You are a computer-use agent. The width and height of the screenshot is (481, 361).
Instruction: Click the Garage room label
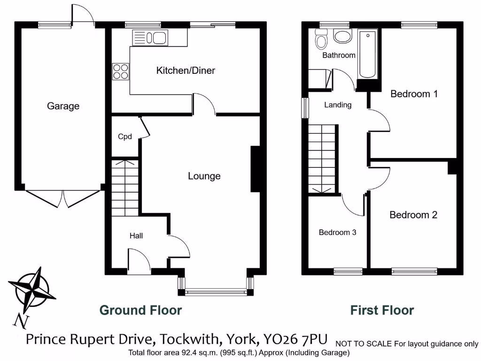coord(63,106)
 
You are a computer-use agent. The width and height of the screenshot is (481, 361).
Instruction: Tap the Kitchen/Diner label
coord(186,71)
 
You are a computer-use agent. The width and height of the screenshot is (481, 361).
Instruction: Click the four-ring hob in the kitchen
coord(120,71)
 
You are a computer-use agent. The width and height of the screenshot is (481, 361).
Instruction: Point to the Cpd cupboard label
coord(124,137)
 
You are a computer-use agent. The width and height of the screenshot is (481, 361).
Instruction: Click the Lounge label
coord(204,176)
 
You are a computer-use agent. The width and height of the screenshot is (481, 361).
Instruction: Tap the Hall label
coord(136,235)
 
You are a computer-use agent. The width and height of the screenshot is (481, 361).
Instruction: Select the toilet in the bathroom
coord(322,39)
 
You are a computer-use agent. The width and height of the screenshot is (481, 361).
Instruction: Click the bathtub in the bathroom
coord(367,55)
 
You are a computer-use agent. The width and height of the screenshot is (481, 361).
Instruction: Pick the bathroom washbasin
coord(342,35)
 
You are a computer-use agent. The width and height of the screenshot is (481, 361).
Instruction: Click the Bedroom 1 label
coord(414,94)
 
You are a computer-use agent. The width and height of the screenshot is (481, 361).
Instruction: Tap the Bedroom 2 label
coord(413,215)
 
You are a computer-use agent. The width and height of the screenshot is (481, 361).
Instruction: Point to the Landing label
coord(338,105)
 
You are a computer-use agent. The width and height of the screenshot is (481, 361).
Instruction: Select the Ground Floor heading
coord(140,310)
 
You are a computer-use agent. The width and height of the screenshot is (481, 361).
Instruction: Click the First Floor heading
coord(382,310)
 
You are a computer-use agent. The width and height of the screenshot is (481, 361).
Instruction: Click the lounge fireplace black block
coord(256,169)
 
